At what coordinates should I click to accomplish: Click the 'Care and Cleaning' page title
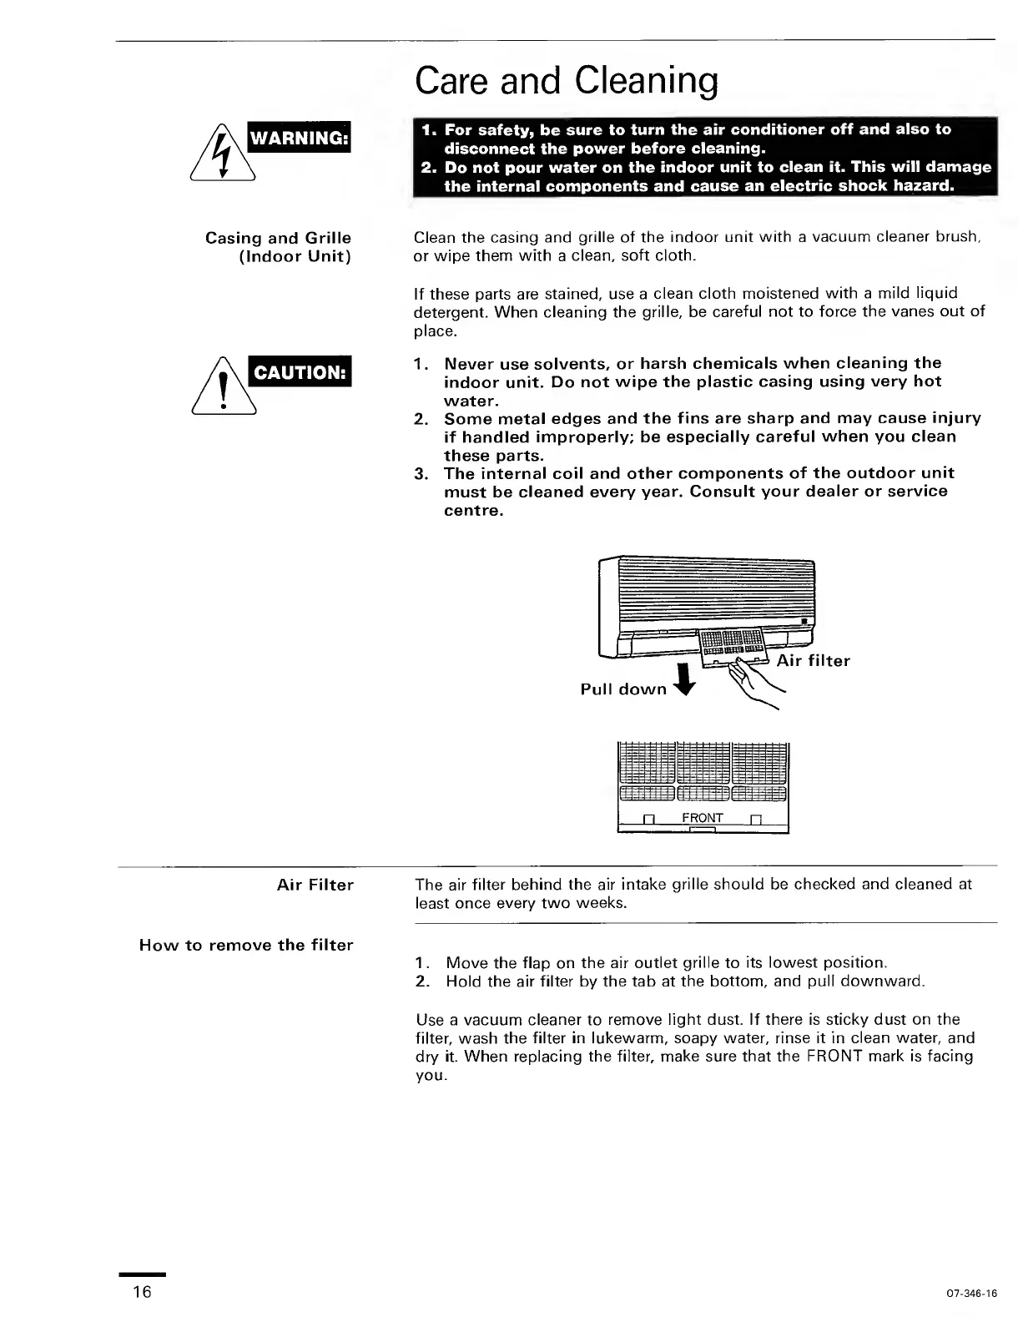(x=566, y=81)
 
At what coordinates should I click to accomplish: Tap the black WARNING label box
(x=300, y=138)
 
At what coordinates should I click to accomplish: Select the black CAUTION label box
(x=300, y=372)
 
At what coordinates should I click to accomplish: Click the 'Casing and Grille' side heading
(x=278, y=239)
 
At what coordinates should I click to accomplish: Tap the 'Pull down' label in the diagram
(x=623, y=689)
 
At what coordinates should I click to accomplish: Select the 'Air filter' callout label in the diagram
(x=813, y=661)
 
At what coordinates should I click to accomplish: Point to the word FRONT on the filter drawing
(x=702, y=818)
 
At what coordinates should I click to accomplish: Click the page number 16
(x=142, y=1292)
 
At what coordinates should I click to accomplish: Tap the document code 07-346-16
(x=972, y=1294)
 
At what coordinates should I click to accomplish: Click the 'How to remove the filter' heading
(x=246, y=946)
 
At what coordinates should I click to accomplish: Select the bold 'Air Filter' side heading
(x=315, y=885)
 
